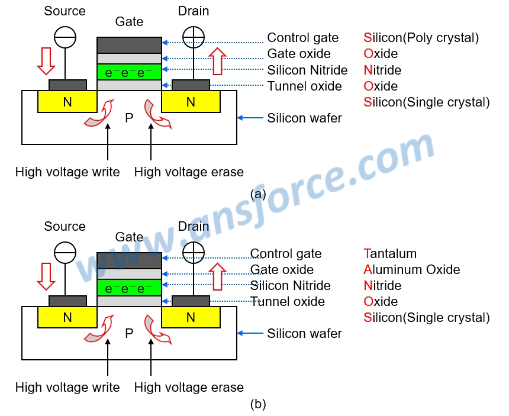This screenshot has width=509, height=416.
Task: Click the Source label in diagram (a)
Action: (65, 11)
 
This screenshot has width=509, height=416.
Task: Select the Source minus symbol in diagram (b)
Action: (65, 253)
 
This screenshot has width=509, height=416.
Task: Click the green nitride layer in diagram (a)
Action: (129, 72)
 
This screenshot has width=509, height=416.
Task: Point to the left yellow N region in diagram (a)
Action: (67, 102)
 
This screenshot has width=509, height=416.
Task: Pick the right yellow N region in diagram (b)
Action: (191, 317)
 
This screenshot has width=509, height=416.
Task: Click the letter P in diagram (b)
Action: (129, 334)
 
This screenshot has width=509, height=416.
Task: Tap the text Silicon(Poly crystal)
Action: (421, 38)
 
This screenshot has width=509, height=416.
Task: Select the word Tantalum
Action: (390, 254)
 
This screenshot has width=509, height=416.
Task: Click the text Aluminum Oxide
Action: (411, 270)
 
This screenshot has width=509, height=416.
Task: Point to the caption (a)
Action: (259, 194)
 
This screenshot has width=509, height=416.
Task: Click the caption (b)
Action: (259, 404)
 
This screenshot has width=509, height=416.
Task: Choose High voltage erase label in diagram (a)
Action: (189, 172)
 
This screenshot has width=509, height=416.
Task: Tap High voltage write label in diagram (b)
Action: (67, 388)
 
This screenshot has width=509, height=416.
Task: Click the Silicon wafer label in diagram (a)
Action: (304, 118)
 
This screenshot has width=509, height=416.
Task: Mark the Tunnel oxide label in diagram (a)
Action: (304, 86)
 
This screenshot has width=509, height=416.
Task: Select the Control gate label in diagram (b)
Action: (286, 254)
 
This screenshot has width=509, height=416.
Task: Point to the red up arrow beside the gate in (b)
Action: (218, 276)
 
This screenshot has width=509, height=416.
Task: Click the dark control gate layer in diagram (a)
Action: (129, 45)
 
